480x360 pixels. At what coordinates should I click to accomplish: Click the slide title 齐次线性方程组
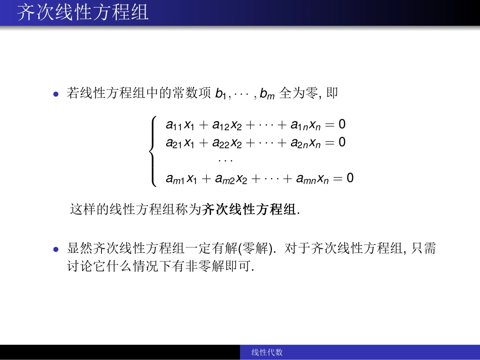point(83,12)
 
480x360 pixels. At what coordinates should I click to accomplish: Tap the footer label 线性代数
point(267,352)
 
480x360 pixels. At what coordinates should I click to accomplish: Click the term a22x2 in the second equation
point(227,143)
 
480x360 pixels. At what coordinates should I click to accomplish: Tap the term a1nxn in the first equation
point(305,125)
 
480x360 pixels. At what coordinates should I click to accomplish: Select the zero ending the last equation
point(350,178)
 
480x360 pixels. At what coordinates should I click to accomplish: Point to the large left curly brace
point(153,151)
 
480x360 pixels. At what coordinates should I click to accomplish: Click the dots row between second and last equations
point(225,161)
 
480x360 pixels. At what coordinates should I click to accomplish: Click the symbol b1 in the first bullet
point(222,94)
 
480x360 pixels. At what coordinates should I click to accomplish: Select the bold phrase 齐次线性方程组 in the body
point(250,210)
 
